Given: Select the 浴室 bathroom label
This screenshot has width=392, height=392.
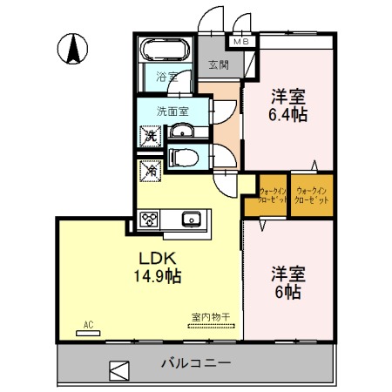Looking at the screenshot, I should tap(166, 78).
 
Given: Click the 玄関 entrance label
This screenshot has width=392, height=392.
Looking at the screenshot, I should tap(220, 64).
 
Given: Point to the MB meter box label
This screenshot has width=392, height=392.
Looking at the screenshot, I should tap(240, 40).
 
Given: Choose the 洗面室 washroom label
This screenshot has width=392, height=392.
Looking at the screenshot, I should tap(172, 111).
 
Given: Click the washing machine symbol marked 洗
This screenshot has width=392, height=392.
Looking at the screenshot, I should tap(151, 135).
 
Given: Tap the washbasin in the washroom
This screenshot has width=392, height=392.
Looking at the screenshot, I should tap(183, 132).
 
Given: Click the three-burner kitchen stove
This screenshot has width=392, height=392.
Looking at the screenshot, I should tap(148, 219).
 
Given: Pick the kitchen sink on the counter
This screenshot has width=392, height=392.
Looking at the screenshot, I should tap(191, 219).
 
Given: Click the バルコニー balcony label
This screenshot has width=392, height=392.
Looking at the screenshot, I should tap(195, 363).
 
